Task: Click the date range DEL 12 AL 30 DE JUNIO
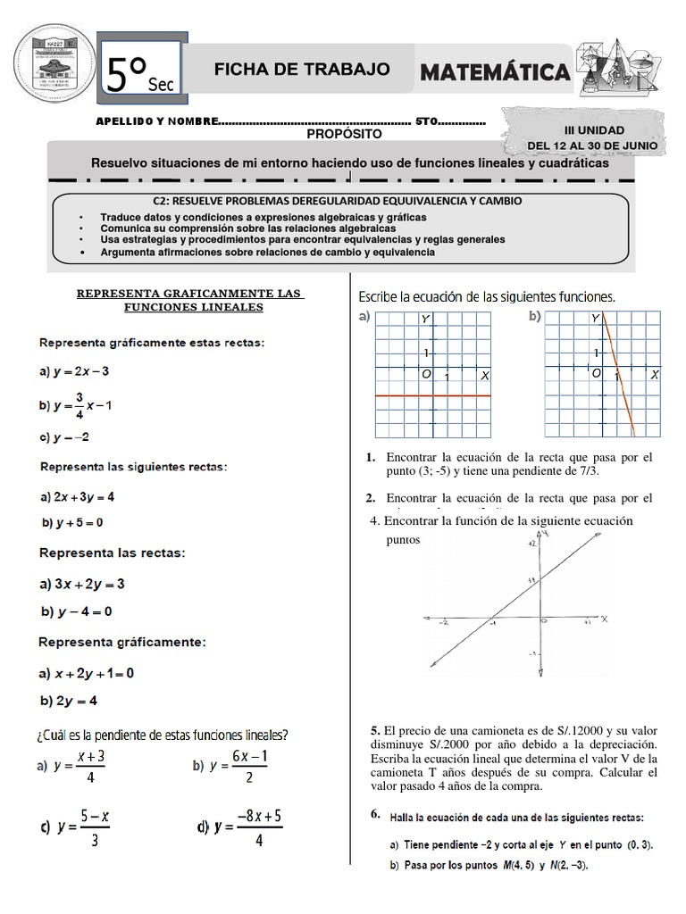[593, 145]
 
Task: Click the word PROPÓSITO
[344, 134]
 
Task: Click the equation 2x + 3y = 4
[77, 496]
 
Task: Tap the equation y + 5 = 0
[73, 522]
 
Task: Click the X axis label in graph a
[485, 377]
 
